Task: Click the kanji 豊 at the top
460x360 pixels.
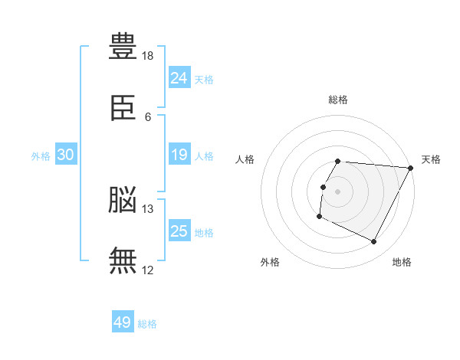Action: (123, 47)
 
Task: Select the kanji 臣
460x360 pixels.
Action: (123, 108)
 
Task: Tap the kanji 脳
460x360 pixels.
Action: (123, 200)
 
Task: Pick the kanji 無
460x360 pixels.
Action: (123, 260)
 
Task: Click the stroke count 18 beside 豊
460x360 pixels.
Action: (148, 56)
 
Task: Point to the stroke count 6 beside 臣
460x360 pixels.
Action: (148, 117)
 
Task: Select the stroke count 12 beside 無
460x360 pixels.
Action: (148, 270)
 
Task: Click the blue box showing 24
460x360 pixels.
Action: (179, 78)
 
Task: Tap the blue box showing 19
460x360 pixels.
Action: (179, 155)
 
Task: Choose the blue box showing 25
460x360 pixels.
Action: (179, 231)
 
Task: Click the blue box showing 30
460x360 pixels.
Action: (66, 155)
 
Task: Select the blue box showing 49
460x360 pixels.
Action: (123, 323)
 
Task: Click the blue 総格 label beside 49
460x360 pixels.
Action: (147, 324)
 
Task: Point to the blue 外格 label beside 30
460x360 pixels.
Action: (41, 156)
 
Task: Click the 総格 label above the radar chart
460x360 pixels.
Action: (338, 100)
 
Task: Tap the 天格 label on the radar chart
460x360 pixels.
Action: (431, 159)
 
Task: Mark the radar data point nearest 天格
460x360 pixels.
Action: (411, 168)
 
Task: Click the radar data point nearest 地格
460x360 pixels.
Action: (374, 242)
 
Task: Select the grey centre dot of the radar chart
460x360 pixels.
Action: (338, 191)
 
